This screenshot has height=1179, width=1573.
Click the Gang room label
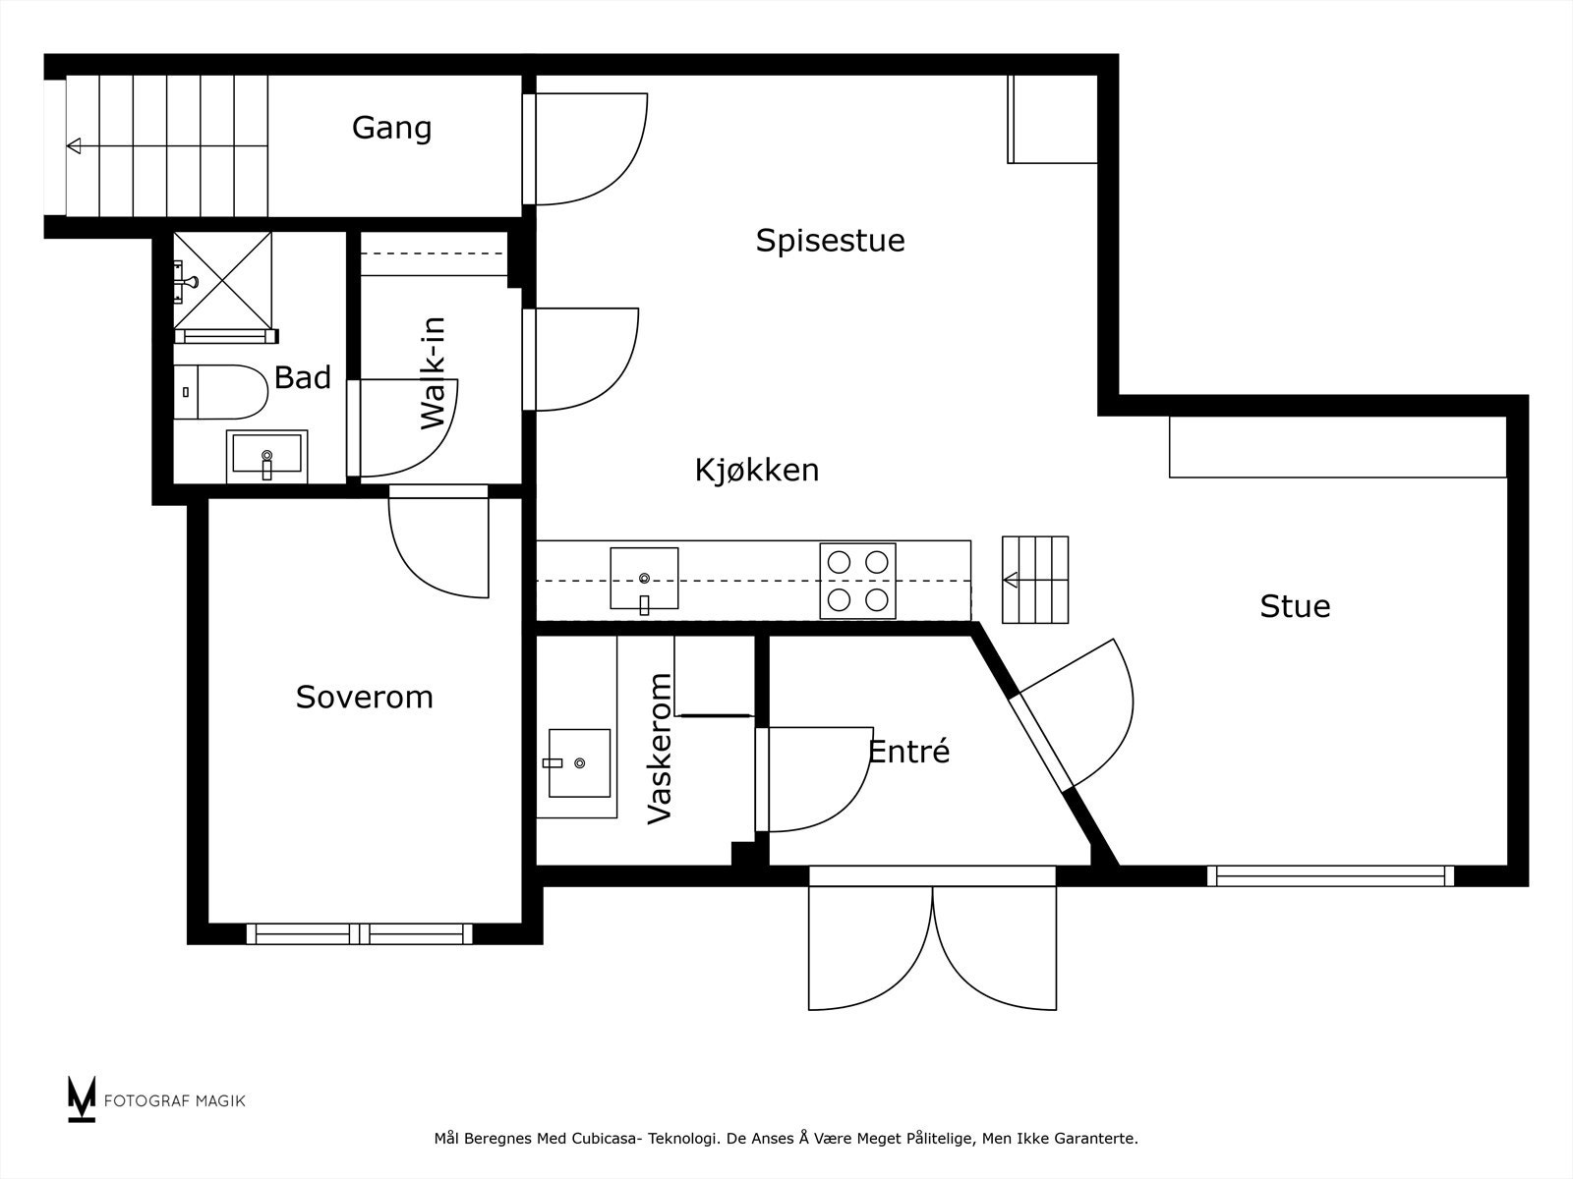pyautogui.click(x=391, y=129)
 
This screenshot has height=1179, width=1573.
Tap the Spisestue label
pyautogui.click(x=830, y=241)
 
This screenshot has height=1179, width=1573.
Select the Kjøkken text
pyautogui.click(x=757, y=471)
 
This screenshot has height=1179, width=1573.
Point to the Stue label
pyautogui.click(x=1295, y=606)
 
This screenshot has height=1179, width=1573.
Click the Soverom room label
pyautogui.click(x=364, y=697)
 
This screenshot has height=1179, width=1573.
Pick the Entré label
pyautogui.click(x=908, y=751)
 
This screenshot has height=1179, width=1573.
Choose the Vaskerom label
pyautogui.click(x=660, y=748)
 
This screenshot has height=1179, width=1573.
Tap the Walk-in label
pyautogui.click(x=433, y=373)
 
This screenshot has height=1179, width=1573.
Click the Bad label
pyautogui.click(x=303, y=377)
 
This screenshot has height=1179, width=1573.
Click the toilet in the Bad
pyautogui.click(x=221, y=392)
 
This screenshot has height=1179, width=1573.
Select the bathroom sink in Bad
pyautogui.click(x=266, y=457)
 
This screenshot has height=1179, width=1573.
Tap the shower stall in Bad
pyautogui.click(x=223, y=281)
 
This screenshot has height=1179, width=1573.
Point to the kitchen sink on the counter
pyautogui.click(x=644, y=579)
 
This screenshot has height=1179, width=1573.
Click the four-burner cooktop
pyautogui.click(x=858, y=581)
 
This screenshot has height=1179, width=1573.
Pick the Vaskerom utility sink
pyautogui.click(x=579, y=763)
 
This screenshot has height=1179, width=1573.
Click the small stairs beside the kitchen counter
pyautogui.click(x=1035, y=580)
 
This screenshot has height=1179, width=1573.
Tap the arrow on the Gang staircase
pyautogui.click(x=167, y=146)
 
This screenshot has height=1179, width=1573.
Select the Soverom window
pyautogui.click(x=360, y=933)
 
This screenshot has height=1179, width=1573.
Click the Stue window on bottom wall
pyautogui.click(x=1331, y=876)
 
